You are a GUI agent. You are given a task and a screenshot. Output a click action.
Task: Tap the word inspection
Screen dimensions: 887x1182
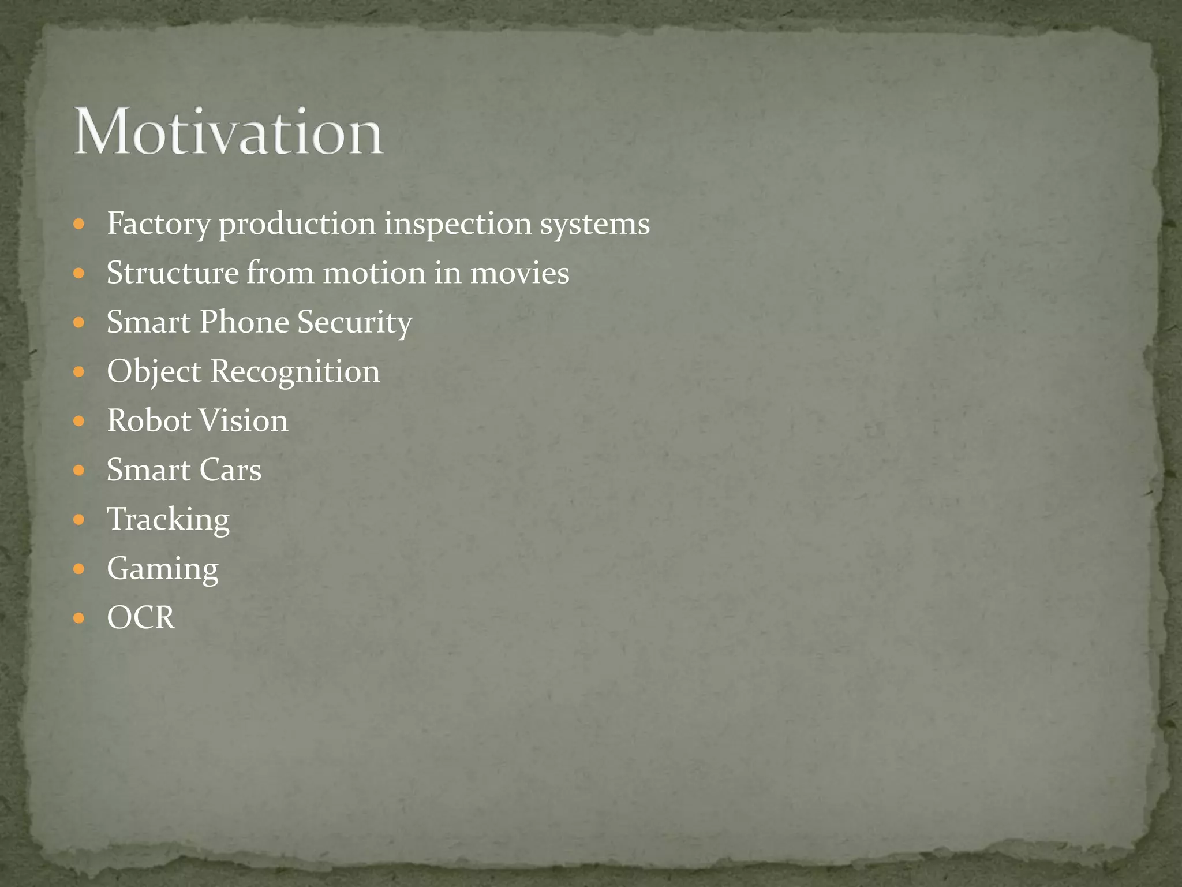coord(458,224)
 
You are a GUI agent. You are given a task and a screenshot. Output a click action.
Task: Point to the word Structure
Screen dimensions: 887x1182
coord(173,273)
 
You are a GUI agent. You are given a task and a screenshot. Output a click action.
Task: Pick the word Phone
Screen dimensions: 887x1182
coord(244,322)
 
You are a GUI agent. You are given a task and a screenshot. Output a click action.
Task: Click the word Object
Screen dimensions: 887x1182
coord(154,372)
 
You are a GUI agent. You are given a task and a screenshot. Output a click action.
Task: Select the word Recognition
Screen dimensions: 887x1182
coord(295,372)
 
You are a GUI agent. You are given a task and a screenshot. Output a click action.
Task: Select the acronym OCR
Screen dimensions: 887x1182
coord(141,618)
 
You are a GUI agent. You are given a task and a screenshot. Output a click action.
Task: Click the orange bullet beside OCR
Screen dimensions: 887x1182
coord(79,618)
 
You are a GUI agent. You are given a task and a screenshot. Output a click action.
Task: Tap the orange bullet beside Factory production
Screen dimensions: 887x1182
coord(79,224)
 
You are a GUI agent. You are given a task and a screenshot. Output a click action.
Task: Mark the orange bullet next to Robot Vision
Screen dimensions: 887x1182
coord(79,421)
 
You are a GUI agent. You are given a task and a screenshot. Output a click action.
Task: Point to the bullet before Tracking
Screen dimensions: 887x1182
coord(79,520)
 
